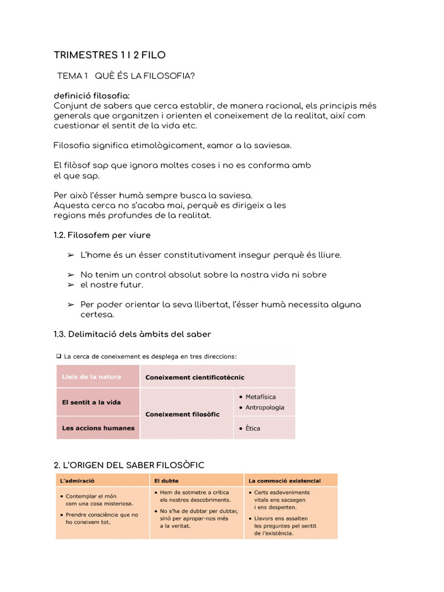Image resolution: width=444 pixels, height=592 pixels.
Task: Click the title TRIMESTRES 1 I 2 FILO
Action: [109, 55]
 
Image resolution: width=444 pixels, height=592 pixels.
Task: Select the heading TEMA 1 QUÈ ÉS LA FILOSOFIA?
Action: [125, 76]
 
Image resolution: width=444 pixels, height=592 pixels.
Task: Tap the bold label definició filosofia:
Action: [92, 95]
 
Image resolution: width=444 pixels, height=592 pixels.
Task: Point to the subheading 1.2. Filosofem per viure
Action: [102, 235]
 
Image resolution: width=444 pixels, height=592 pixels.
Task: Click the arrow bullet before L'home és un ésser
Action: [71, 255]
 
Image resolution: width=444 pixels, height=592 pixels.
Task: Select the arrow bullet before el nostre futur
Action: [71, 285]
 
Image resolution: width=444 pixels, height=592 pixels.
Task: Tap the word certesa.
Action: [97, 314]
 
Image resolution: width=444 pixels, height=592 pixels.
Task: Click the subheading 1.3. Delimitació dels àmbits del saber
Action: [132, 334]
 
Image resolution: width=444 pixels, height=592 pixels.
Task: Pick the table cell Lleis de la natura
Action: [92, 376]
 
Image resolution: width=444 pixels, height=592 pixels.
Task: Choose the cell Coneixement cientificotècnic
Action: [195, 377]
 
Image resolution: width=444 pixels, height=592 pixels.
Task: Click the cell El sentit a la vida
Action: [91, 402]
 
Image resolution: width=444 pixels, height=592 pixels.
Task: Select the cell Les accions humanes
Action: [98, 428]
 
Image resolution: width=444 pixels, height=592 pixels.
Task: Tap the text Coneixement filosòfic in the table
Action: [182, 414]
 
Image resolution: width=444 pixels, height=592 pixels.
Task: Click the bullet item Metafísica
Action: [260, 397]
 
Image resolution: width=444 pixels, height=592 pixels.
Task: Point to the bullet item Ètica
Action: [252, 428]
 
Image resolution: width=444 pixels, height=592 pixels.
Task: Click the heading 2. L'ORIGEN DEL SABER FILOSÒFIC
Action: [129, 465]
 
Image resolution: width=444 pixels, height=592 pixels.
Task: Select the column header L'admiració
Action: [77, 480]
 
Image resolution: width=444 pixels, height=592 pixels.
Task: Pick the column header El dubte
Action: [165, 480]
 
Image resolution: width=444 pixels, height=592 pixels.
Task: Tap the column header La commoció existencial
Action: [284, 480]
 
